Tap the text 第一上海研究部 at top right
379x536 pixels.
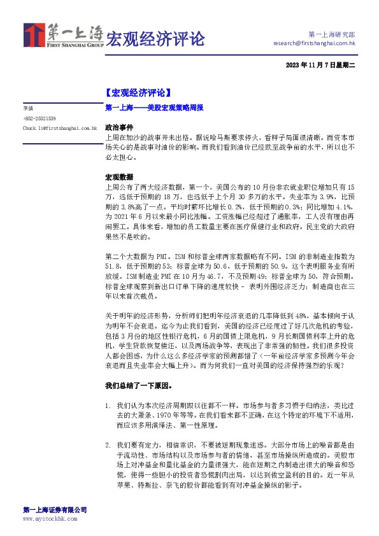click(x=332, y=34)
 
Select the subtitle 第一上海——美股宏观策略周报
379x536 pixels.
click(x=154, y=108)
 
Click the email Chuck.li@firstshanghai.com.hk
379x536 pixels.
click(x=59, y=128)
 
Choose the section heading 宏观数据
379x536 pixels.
click(x=119, y=177)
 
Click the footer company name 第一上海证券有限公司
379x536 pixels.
click(x=54, y=510)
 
